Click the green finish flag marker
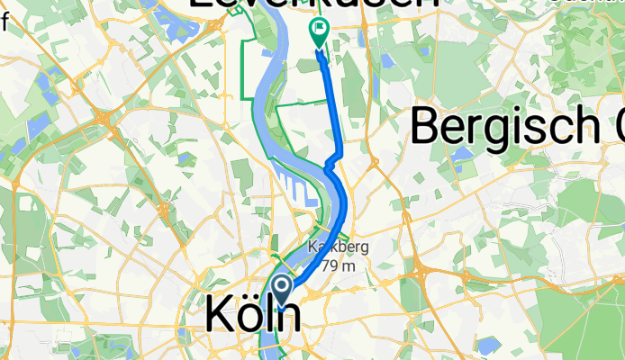pos(319,33)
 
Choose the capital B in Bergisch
pos(427,126)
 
